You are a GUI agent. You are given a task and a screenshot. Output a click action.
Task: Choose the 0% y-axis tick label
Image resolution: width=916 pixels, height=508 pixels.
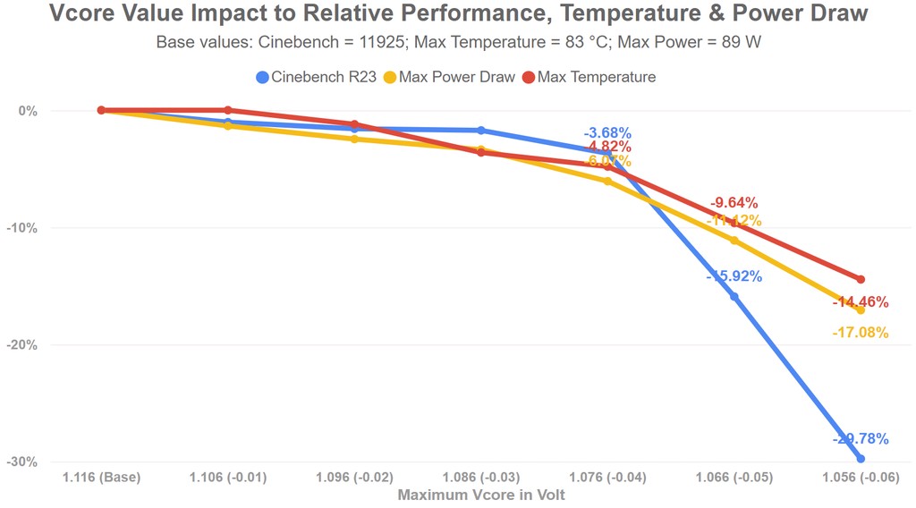tap(29, 111)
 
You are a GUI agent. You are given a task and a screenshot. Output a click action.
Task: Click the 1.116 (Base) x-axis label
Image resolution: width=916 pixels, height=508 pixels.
tap(101, 478)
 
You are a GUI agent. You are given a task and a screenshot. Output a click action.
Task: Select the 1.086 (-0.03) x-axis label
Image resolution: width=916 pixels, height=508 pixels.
tap(481, 478)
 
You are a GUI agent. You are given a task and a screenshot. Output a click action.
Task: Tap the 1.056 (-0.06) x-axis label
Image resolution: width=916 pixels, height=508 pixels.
tap(861, 478)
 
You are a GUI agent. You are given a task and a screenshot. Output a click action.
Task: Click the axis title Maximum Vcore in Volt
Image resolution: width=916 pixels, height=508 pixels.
tap(481, 494)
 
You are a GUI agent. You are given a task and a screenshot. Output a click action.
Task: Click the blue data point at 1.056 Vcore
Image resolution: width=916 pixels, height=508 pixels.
tap(861, 459)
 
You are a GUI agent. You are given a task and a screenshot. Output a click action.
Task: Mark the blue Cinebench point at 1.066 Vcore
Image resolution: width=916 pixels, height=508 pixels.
tap(734, 296)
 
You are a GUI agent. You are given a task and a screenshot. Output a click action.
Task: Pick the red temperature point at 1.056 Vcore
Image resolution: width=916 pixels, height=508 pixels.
tap(861, 279)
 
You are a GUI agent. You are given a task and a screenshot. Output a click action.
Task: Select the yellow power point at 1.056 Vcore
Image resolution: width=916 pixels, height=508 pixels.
tap(861, 309)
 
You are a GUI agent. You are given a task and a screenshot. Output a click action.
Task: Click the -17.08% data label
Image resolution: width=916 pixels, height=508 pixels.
tap(861, 333)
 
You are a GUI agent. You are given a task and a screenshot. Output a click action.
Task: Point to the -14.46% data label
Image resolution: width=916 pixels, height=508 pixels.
tap(861, 302)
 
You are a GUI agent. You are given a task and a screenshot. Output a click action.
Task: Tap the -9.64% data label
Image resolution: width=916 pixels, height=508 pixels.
tap(734, 203)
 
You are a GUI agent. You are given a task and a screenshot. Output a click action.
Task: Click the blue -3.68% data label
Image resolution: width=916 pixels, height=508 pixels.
tap(608, 133)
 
